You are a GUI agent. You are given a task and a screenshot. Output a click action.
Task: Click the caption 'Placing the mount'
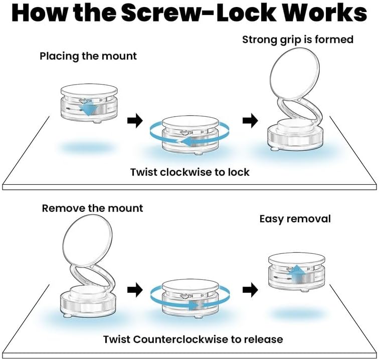pyautogui.click(x=88, y=56)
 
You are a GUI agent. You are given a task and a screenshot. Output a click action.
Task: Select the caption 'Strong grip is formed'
pyautogui.click(x=298, y=39)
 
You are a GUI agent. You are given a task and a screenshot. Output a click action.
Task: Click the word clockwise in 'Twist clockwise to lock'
pyautogui.click(x=191, y=172)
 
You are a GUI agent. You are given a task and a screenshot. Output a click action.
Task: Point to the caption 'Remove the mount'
pyautogui.click(x=93, y=208)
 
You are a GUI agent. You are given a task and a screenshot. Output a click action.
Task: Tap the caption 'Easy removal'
pyautogui.click(x=295, y=219)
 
